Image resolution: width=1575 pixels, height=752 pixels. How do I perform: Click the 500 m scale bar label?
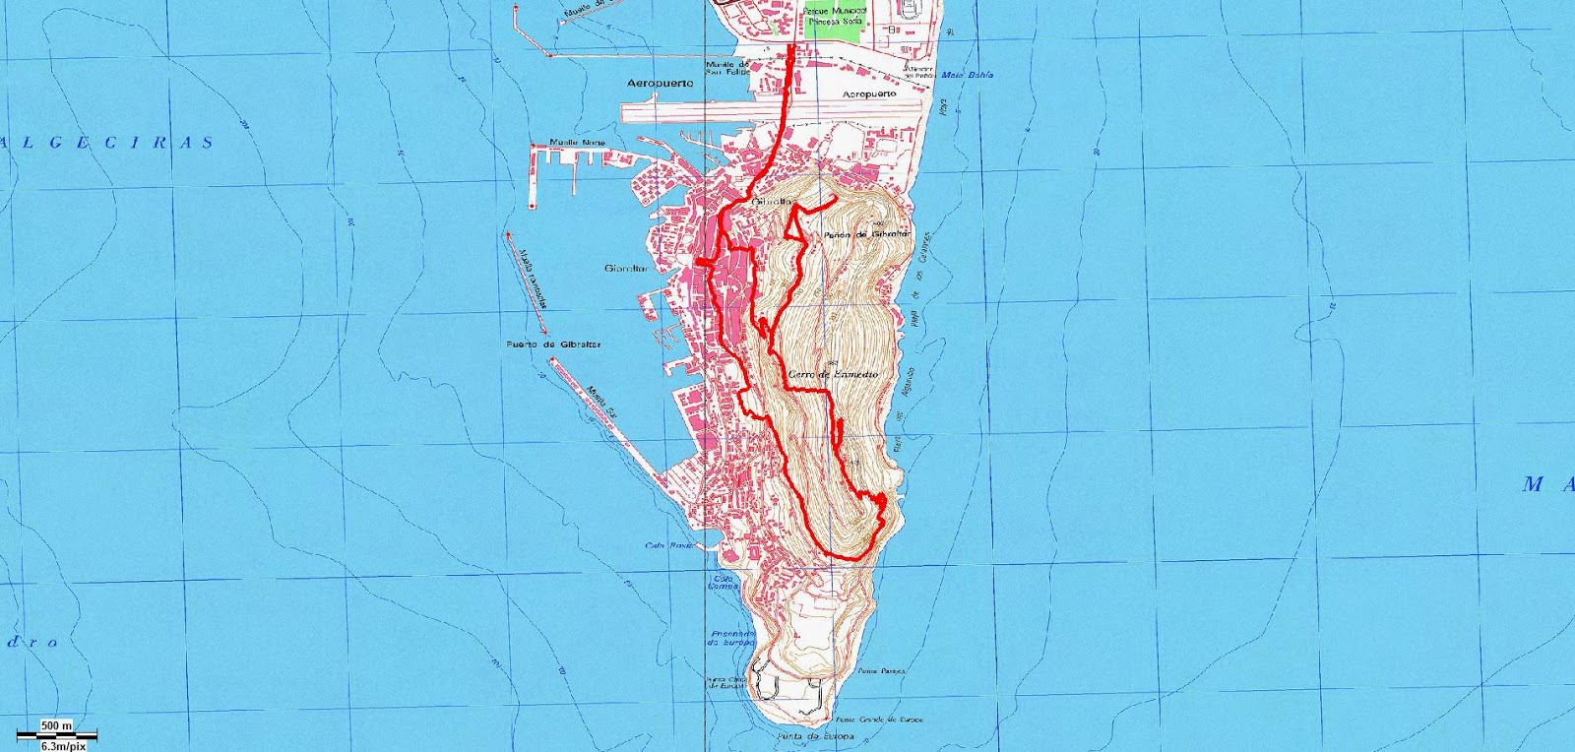coord(56,725)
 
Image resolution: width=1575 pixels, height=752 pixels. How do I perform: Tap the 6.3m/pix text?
coord(56,745)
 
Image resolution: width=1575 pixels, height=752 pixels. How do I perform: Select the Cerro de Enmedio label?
coord(832,376)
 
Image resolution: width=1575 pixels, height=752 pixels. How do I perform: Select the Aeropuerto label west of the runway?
coord(660,84)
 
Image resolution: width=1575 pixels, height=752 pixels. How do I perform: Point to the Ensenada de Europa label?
coord(730,638)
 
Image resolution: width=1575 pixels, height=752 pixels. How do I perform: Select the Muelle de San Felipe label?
coord(728,67)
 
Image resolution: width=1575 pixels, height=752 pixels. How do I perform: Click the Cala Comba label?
coord(724,582)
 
